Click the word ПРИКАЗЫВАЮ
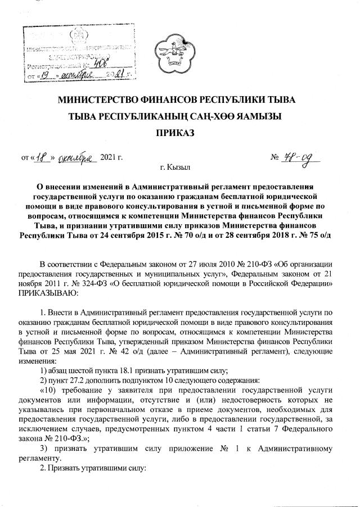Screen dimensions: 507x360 tap(45, 293)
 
